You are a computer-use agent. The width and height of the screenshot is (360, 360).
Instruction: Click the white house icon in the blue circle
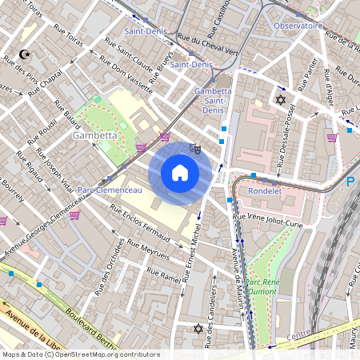coord(180,172)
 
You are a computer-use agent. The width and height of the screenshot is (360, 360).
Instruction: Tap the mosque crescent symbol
coord(24,55)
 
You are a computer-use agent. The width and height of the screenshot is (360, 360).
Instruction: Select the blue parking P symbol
coord(350,182)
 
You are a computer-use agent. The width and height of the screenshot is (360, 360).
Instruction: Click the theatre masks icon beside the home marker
coord(194,148)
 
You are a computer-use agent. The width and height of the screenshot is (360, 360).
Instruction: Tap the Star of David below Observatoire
coord(280,99)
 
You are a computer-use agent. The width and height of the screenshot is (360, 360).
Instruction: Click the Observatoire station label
coord(298,26)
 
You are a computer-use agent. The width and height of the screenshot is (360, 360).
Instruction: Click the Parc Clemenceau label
coord(110,190)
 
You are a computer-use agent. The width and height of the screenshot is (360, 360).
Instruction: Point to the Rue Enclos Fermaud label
coord(140,225)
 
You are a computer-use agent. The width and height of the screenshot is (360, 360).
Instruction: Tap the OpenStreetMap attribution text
coord(80,354)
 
